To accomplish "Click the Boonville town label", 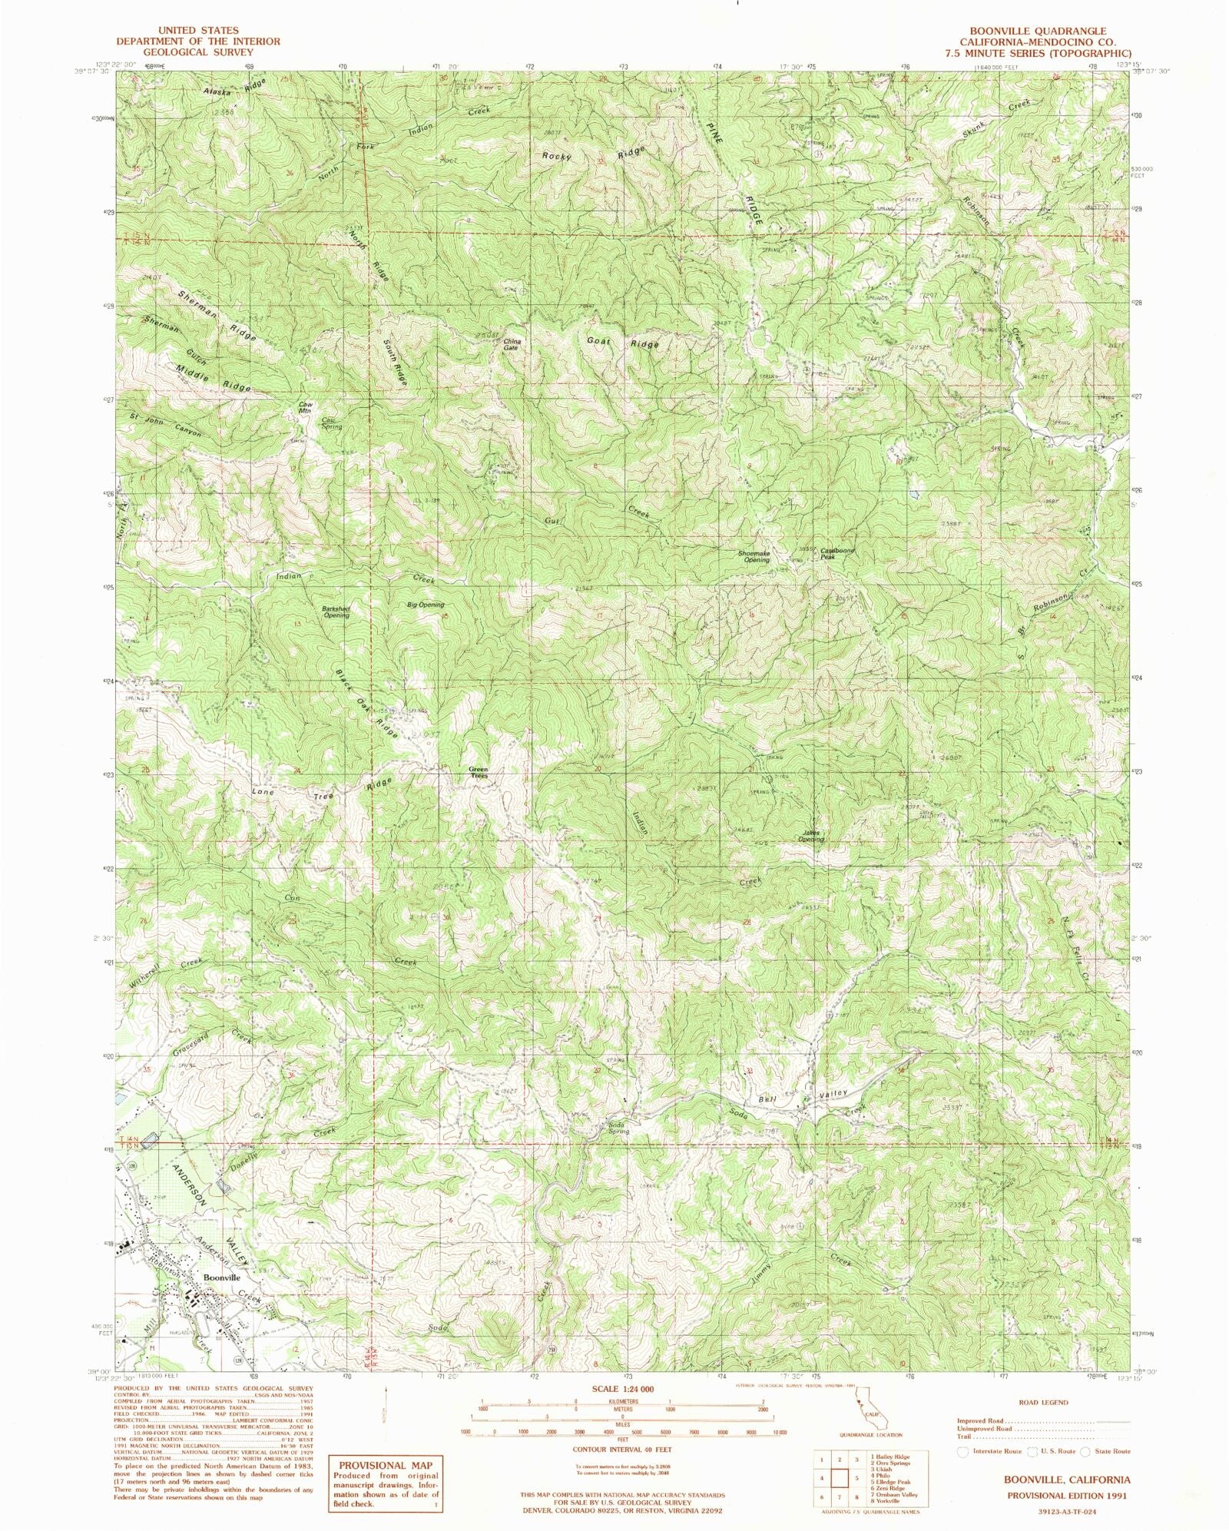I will click(x=221, y=1277).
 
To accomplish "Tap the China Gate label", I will click(x=512, y=345).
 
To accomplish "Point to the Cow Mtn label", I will click(x=306, y=408).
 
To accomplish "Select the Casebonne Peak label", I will click(x=836, y=553).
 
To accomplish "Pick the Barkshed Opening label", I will click(x=336, y=612).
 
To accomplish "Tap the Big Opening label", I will click(x=426, y=605).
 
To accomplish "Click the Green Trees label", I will click(x=479, y=773).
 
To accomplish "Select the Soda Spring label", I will click(x=619, y=1128).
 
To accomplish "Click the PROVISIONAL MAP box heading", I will click(x=385, y=1465).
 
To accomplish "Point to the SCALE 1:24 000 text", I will click(x=622, y=1390).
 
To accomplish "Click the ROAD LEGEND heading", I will click(x=1043, y=1402).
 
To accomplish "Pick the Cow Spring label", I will click(x=332, y=423).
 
